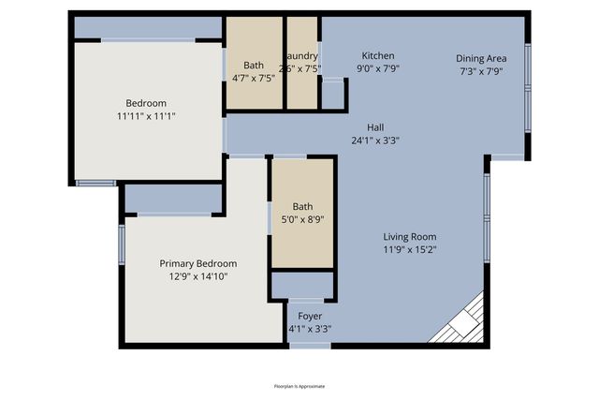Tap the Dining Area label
[x=481, y=56]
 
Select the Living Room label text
[x=409, y=237]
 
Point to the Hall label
[x=375, y=127]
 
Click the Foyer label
[x=309, y=316]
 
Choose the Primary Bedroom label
[x=197, y=263]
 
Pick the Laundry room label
[x=303, y=55]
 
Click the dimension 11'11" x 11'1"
[x=146, y=116]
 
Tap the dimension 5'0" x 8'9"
[x=302, y=220]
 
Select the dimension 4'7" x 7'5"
[x=254, y=79]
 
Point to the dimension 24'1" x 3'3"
[x=375, y=141]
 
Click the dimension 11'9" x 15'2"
[x=409, y=250]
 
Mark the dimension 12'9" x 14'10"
[x=197, y=276]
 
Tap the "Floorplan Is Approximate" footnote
[x=299, y=386]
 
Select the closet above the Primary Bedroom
[x=173, y=198]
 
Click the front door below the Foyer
[x=309, y=346]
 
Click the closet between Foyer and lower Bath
[x=302, y=285]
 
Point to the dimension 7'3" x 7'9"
[x=481, y=70]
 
